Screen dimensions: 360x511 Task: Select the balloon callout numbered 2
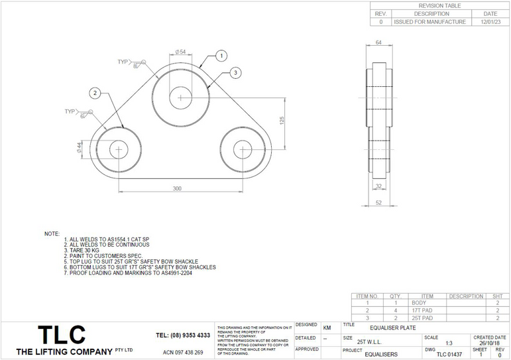[x=95, y=92]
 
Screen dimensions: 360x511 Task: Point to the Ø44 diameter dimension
[x=80, y=147]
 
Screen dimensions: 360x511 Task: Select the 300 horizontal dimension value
[x=177, y=189]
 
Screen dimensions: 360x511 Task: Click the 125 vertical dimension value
[x=281, y=119]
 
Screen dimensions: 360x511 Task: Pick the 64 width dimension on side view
[x=378, y=43]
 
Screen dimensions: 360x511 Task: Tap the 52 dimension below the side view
[x=379, y=203]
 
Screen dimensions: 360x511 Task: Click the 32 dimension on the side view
[x=379, y=187]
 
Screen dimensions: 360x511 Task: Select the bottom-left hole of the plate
[x=119, y=149]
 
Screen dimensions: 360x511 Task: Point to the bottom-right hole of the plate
[x=243, y=149]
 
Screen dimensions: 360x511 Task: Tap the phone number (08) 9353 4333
[x=183, y=335]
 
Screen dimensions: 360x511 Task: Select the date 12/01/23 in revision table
[x=490, y=22]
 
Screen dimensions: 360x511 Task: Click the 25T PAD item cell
[x=427, y=318]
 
